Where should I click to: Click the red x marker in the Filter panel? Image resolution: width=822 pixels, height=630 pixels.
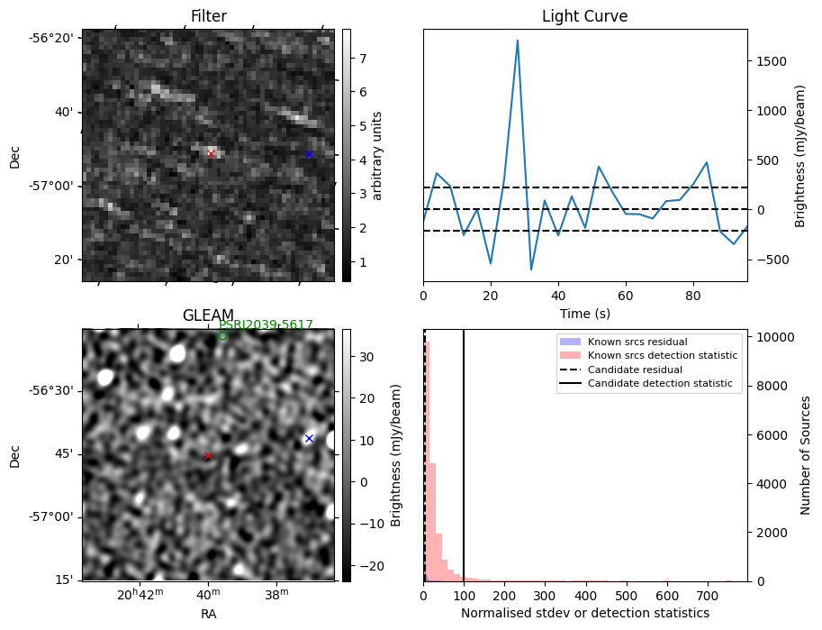tap(211, 153)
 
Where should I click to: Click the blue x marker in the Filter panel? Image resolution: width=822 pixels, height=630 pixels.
tap(309, 154)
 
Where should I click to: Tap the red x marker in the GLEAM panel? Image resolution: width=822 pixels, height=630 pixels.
tap(208, 456)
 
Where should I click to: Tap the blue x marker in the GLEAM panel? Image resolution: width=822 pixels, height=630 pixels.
tap(309, 438)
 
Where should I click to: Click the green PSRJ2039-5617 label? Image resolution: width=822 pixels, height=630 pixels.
tap(266, 325)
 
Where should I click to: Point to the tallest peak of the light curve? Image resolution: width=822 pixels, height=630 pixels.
tap(518, 40)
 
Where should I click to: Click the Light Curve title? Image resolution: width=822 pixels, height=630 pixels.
tap(584, 16)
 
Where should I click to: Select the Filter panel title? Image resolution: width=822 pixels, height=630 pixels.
tap(209, 16)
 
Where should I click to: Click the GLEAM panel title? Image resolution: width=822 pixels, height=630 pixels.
tap(208, 315)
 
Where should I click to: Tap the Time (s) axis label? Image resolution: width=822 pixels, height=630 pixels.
tap(584, 312)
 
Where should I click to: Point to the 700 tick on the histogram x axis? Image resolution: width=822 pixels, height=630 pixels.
tap(667, 596)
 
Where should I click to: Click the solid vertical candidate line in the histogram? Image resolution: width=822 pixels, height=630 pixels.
tap(464, 451)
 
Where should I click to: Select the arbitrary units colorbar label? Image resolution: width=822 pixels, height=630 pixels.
tap(377, 155)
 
